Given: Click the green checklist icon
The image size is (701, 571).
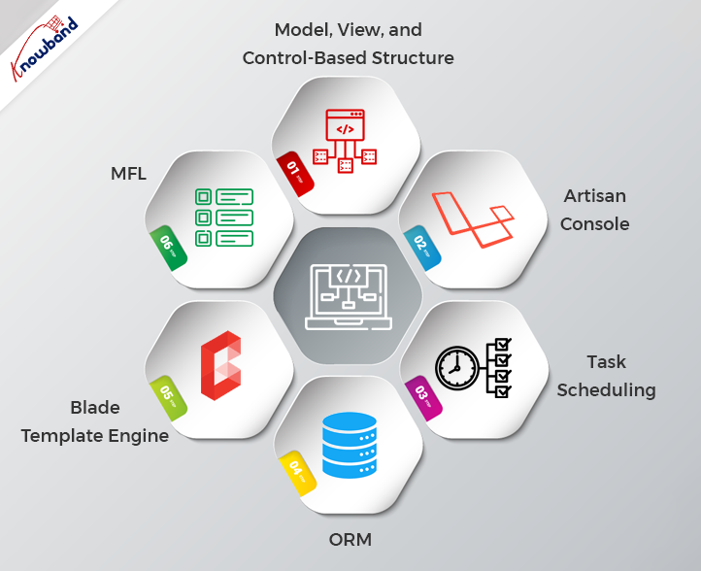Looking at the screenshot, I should point(224,217).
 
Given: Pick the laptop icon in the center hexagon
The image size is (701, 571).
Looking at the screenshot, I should point(347,295).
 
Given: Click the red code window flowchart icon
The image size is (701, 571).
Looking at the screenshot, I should point(344,142).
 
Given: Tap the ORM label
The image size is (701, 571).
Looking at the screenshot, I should point(350,539).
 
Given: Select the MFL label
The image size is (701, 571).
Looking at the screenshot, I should point(127,175).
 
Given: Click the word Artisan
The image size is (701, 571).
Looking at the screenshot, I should point(595,196).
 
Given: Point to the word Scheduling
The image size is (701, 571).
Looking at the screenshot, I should point(608,390).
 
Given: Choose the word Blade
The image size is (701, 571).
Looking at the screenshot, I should point(94,407).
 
